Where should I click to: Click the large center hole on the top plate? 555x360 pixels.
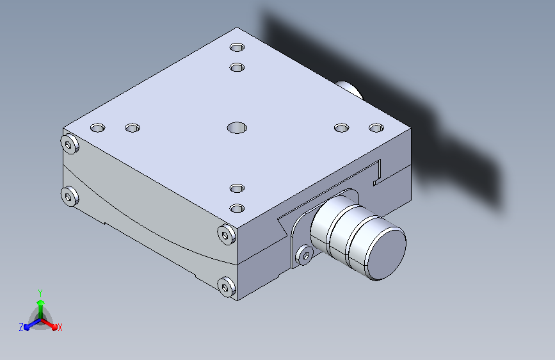point(237,127)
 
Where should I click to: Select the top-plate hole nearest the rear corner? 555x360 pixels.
point(237,47)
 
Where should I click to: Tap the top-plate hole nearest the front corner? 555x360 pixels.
point(237,208)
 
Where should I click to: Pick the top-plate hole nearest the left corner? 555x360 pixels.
point(98,127)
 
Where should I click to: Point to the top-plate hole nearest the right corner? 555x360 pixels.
point(376,127)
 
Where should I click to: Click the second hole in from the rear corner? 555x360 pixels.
point(237,67)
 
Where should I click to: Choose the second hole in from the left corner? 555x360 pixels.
point(133,127)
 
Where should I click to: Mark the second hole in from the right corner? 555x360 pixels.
point(342,127)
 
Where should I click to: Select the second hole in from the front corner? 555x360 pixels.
point(237,188)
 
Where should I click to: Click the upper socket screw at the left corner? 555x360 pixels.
point(69,144)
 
